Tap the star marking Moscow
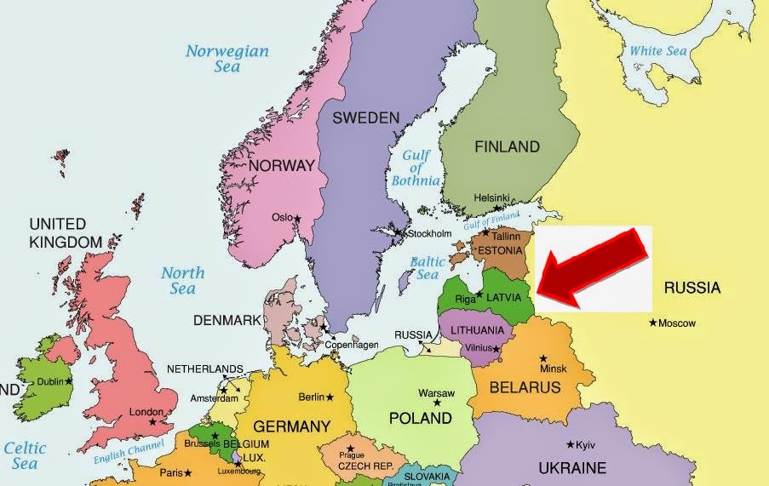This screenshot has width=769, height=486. click(x=652, y=323)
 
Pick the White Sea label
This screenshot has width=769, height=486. click(x=657, y=51)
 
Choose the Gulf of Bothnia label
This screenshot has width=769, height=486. click(x=416, y=167)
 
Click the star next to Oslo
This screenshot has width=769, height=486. click(x=297, y=219)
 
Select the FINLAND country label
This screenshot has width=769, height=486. click(x=507, y=146)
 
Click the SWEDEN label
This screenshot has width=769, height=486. click(x=365, y=117)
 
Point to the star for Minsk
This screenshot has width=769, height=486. click(x=543, y=357)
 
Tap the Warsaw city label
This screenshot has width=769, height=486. click(x=436, y=393)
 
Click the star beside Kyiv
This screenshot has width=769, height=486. click(x=570, y=444)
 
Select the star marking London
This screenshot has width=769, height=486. click(x=152, y=422)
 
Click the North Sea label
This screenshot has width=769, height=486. click(x=182, y=281)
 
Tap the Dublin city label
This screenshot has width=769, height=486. click(x=50, y=382)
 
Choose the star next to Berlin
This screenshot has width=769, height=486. click(x=330, y=397)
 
